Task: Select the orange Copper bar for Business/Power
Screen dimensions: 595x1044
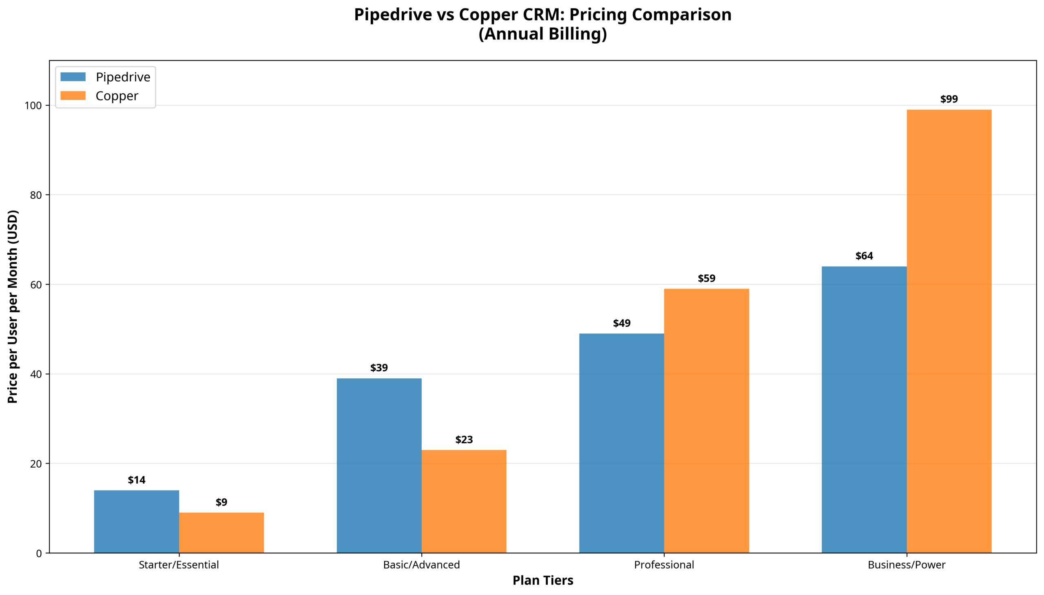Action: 949,331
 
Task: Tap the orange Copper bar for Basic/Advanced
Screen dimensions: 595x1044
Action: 463,501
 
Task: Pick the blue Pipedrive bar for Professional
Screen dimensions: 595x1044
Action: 621,443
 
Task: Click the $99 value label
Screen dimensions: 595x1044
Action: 949,99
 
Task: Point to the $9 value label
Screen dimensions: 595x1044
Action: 221,502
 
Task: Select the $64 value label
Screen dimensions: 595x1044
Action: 863,256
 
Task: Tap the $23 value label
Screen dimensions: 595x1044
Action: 463,439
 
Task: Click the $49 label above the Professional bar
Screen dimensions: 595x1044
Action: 621,323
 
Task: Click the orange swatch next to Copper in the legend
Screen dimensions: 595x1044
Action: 73,95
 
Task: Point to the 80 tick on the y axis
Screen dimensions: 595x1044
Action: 36,195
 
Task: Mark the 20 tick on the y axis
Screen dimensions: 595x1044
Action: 36,464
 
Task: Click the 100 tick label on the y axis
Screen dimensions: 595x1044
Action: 33,105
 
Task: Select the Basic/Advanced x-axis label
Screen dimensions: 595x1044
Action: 421,564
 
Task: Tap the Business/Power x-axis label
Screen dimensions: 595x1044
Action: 906,564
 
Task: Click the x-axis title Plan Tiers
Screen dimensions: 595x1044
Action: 542,580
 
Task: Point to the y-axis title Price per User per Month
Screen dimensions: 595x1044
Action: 13,306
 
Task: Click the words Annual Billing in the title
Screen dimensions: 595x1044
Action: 542,33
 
